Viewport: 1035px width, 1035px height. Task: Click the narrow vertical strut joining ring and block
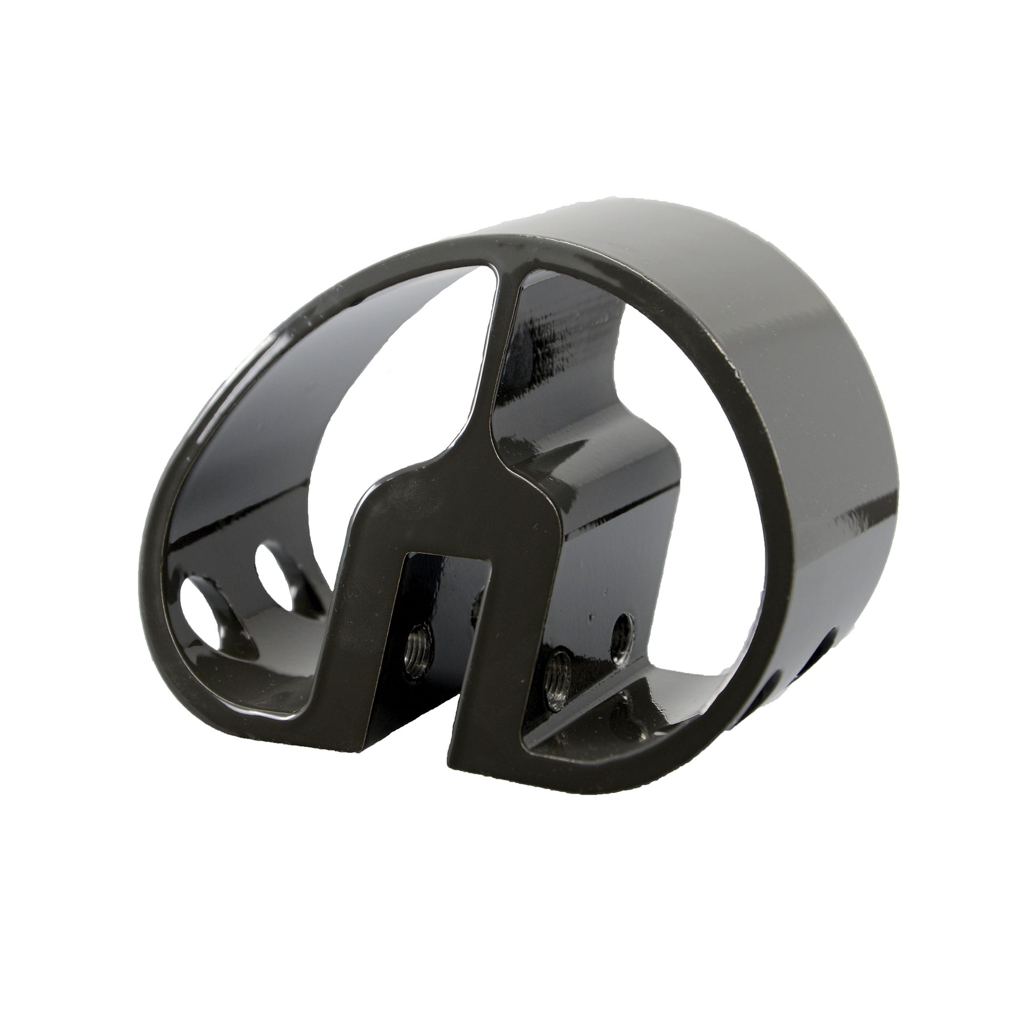coord(488,377)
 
